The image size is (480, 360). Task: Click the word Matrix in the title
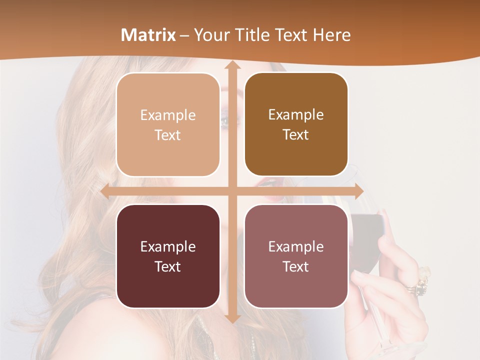pyautogui.click(x=148, y=35)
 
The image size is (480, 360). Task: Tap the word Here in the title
pyautogui.click(x=331, y=35)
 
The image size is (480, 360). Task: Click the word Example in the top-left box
pyautogui.click(x=168, y=115)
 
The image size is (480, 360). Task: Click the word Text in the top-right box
pyautogui.click(x=296, y=135)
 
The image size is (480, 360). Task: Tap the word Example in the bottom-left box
pyautogui.click(x=168, y=246)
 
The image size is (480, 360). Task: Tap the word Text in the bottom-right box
pyautogui.click(x=296, y=266)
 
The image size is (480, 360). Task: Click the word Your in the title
pyautogui.click(x=210, y=35)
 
